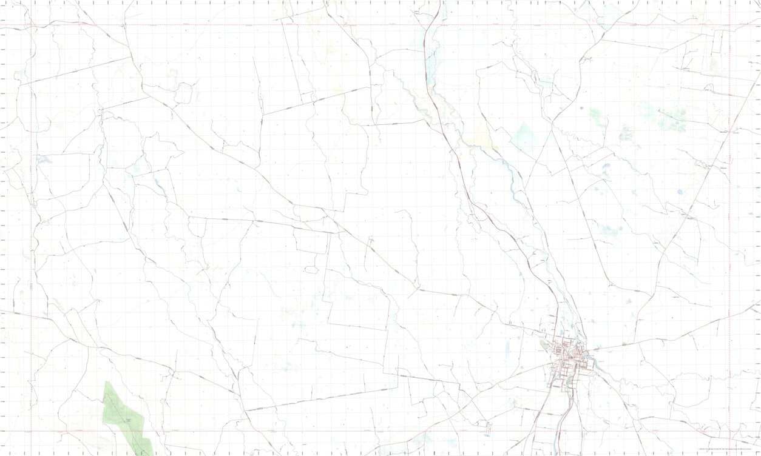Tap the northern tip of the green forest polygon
click(107, 382)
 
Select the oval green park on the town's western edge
click(544, 346)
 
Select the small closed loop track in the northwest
click(183, 93)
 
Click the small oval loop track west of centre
click(311, 269)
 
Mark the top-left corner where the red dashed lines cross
click(31, 25)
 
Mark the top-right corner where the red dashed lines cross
click(729, 25)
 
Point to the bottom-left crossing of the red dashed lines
click(31, 431)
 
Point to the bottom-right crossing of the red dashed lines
click(729, 431)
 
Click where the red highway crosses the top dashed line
click(430, 25)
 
